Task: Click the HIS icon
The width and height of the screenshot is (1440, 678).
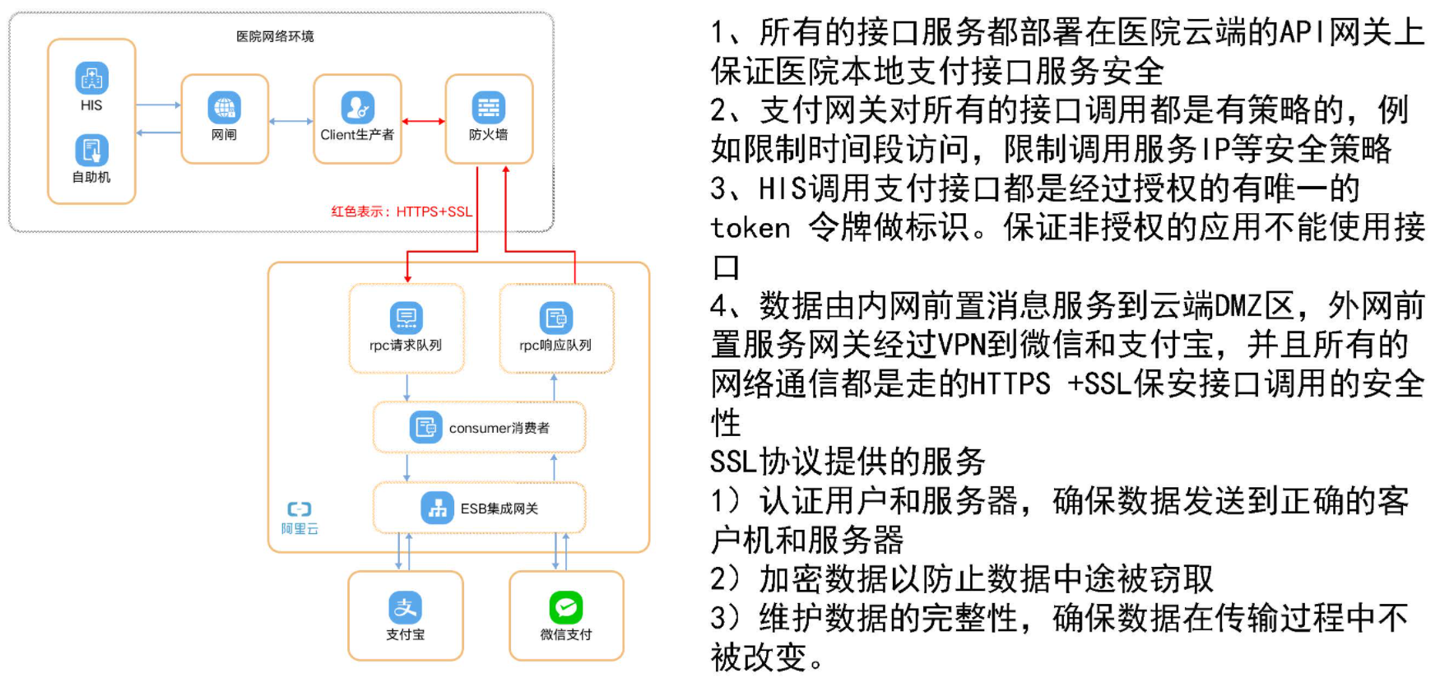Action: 91,79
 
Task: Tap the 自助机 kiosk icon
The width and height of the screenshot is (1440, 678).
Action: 91,151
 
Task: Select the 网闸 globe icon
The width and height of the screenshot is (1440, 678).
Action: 225,108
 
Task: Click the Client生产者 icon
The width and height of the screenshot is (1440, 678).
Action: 358,108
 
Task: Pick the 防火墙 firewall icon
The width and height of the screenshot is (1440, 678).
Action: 489,108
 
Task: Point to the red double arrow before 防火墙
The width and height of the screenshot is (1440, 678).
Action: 424,121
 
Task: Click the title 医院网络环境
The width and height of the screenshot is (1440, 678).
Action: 275,36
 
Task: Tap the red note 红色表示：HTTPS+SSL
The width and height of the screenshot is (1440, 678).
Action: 402,211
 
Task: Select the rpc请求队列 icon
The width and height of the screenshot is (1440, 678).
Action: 406,318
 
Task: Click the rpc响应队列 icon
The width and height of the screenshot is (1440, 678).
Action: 556,318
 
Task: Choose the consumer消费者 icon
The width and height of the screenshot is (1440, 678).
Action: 426,427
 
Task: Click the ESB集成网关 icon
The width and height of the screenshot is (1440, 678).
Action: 437,508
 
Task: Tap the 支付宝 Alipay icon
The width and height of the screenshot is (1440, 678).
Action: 406,608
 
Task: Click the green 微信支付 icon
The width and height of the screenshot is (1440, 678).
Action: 566,608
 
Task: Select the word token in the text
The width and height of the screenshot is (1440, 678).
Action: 750,228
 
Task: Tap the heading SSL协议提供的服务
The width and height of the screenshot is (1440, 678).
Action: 848,462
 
